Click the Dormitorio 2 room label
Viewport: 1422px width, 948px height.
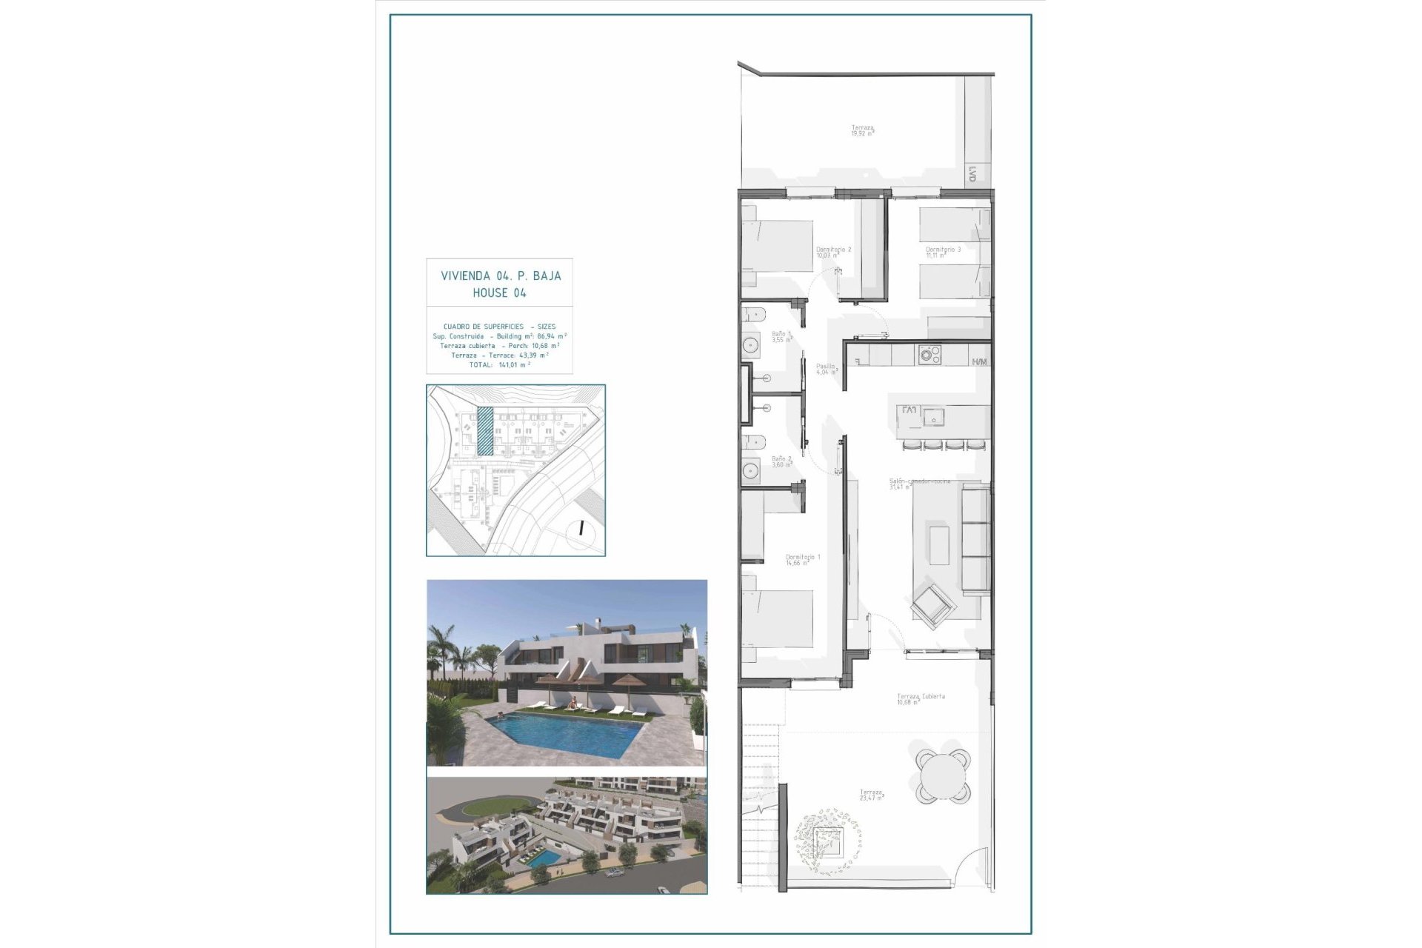click(833, 250)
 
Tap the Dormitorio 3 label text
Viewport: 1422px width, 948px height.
click(943, 250)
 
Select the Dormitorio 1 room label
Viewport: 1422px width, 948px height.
click(803, 557)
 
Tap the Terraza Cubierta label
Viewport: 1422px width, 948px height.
click(921, 697)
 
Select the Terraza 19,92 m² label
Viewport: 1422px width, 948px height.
click(862, 129)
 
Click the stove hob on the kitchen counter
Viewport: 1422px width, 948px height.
click(929, 354)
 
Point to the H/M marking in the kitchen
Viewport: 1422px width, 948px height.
click(979, 362)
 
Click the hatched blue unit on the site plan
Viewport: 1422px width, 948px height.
click(484, 430)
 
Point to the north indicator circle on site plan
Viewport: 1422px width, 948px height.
click(581, 529)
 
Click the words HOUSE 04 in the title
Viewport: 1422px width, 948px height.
click(500, 293)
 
